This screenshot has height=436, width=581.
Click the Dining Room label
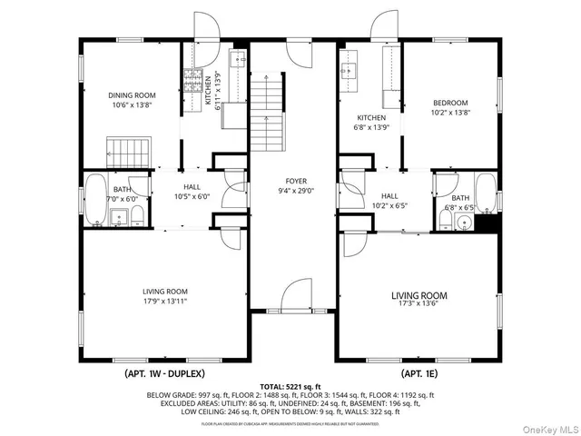pos(133,94)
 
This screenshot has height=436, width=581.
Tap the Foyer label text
pos(296,181)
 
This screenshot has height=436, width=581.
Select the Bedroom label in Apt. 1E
pos(449,103)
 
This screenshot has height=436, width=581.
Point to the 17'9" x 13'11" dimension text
pos(164,301)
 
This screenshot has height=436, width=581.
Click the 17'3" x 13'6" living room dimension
pos(419,306)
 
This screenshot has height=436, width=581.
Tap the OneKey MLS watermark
pos(548,425)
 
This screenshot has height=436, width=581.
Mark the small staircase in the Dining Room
pos(127,149)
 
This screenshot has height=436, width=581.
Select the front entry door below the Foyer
pos(297,297)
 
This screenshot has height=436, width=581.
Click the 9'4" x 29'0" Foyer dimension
pos(296,191)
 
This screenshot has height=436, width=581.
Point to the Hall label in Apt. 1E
pos(389,196)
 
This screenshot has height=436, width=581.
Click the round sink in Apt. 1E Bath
pos(467,221)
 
